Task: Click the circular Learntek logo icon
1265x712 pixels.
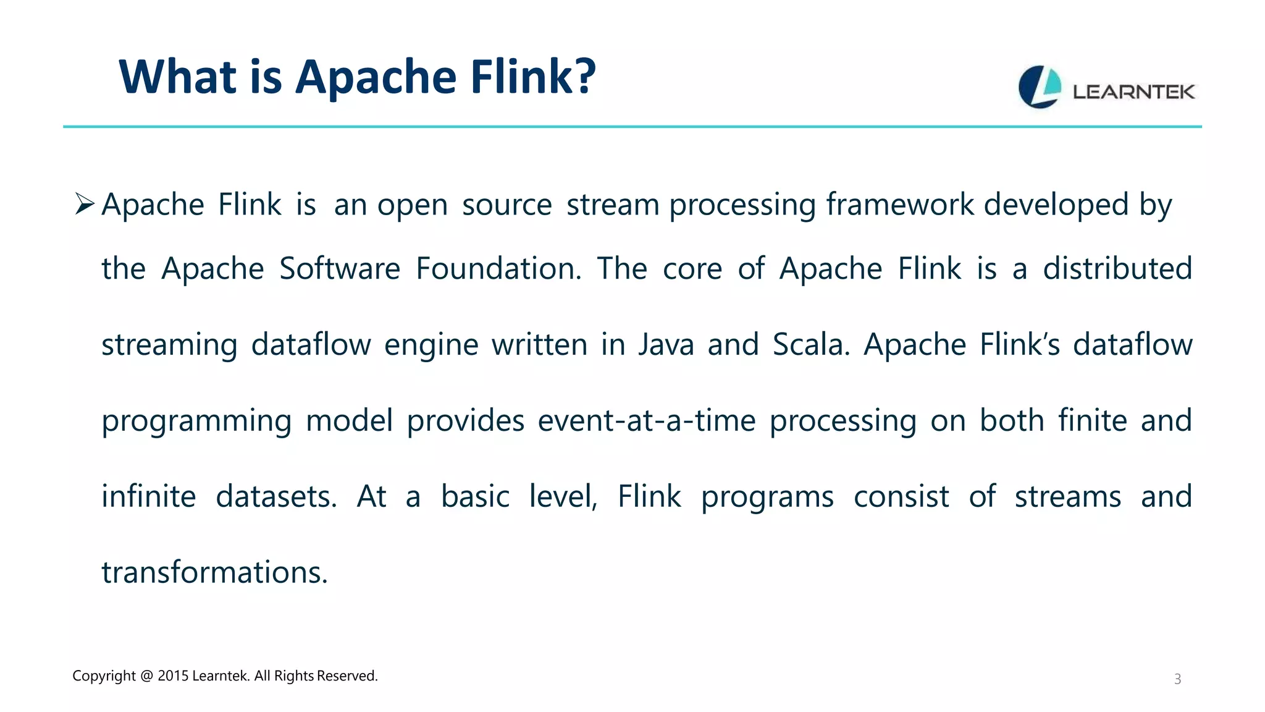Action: click(1040, 87)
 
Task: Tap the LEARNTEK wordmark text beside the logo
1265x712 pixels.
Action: click(1133, 92)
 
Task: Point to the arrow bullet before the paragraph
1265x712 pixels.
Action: click(84, 203)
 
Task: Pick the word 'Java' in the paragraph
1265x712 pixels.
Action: click(666, 345)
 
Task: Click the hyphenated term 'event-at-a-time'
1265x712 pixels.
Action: click(647, 421)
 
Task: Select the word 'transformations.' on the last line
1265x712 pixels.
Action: click(214, 572)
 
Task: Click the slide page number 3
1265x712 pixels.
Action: click(1177, 679)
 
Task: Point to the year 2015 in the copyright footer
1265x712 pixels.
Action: click(173, 676)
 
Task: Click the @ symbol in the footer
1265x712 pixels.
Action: click(146, 676)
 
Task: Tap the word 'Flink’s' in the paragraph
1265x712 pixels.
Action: click(1020, 345)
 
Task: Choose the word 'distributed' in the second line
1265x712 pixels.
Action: click(1117, 269)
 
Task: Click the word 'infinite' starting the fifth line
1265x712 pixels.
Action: click(149, 497)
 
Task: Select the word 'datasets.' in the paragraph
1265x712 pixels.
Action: click(276, 497)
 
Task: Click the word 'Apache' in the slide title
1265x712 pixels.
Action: click(376, 77)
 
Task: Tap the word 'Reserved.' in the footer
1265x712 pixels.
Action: click(347, 676)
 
